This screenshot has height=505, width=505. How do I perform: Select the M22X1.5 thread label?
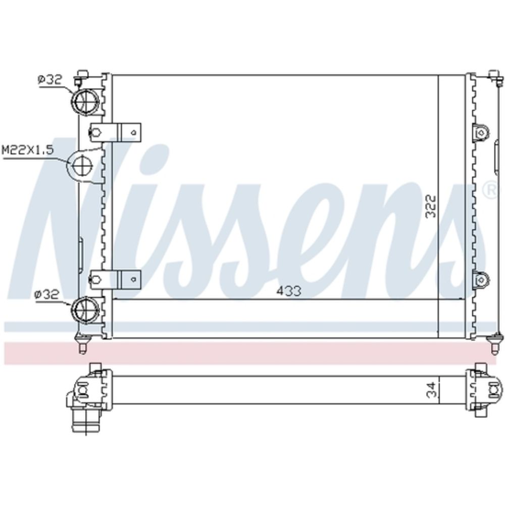[27, 150]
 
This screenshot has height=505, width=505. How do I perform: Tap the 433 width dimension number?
[288, 291]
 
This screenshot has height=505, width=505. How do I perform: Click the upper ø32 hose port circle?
[85, 101]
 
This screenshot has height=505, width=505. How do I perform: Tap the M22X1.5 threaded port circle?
[82, 165]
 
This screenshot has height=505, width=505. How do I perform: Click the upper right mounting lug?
[481, 133]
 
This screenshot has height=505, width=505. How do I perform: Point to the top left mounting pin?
[81, 78]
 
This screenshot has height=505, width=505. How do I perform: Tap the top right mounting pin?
[495, 78]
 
